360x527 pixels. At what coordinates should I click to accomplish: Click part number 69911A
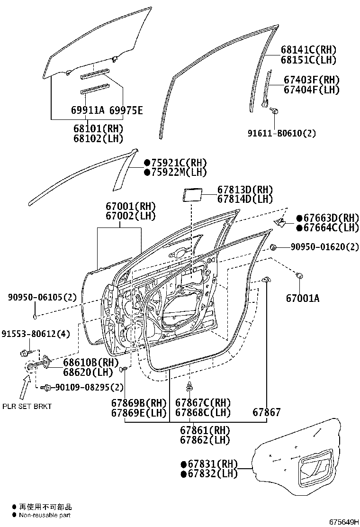[x=87, y=111]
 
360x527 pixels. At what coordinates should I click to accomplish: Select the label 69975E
[x=126, y=111]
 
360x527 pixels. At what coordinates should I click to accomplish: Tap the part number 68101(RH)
[x=98, y=128]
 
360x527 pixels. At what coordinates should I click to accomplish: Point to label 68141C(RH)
[x=308, y=50]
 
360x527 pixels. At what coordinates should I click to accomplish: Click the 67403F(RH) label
[x=312, y=80]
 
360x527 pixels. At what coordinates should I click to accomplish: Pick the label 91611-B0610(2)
[x=281, y=133]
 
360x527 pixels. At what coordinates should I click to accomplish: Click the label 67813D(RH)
[x=245, y=189]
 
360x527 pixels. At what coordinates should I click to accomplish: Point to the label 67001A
[x=303, y=299]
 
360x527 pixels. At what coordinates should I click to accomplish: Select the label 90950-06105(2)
[x=42, y=297]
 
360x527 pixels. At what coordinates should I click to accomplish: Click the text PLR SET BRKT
[x=27, y=406]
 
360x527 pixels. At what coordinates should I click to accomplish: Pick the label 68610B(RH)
[x=90, y=363]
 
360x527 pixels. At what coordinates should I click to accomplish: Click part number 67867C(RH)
[x=203, y=403]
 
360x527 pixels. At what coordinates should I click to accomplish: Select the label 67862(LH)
[x=205, y=440]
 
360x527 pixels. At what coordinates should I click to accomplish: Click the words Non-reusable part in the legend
[x=45, y=515]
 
